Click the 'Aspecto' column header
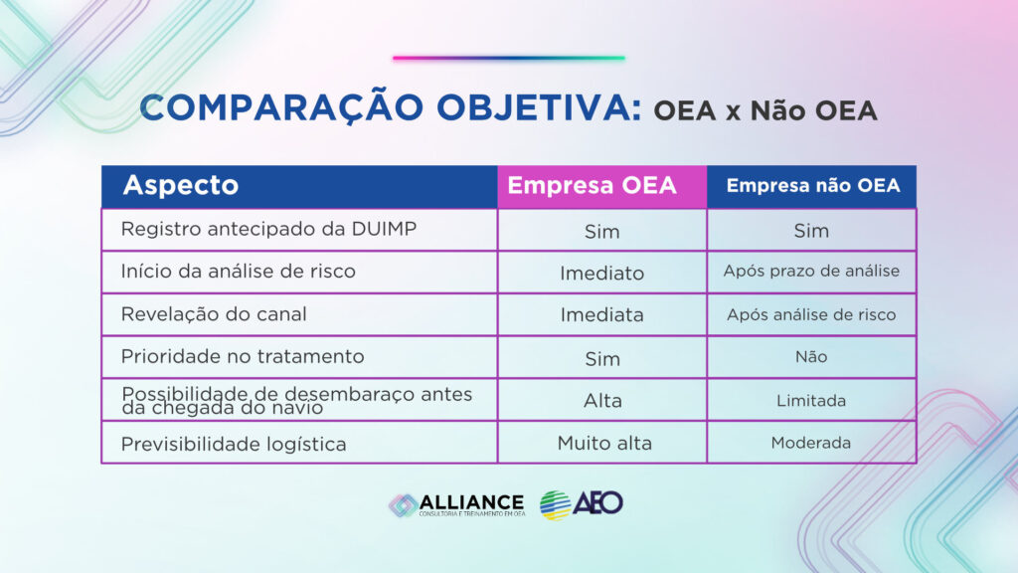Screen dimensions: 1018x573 coord(181,185)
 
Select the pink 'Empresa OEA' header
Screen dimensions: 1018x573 coord(601,186)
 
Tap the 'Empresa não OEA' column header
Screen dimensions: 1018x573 coord(812,186)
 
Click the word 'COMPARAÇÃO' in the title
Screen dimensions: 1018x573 coord(281,107)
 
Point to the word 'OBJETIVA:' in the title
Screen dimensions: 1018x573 coord(539,107)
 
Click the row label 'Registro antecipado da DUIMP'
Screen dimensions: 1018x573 coord(268,229)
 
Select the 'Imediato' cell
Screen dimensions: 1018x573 coord(601,273)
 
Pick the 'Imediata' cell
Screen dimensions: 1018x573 coord(601,315)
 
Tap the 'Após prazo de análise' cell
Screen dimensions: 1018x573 coord(811,271)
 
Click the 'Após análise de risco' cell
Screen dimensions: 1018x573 coord(811,314)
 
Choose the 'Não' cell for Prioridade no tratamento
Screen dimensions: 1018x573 coord(811,357)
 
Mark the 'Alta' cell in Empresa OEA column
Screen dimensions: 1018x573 coord(602,401)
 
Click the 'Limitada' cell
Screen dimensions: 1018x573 coord(811,401)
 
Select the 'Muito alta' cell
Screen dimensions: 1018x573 coord(604,443)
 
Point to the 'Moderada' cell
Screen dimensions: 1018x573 coord(811,443)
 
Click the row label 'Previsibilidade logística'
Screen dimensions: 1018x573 coord(233,445)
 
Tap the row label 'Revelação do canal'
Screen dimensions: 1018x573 coord(214,314)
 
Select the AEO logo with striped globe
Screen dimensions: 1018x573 coord(581,504)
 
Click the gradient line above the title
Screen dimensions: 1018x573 coord(509,58)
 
